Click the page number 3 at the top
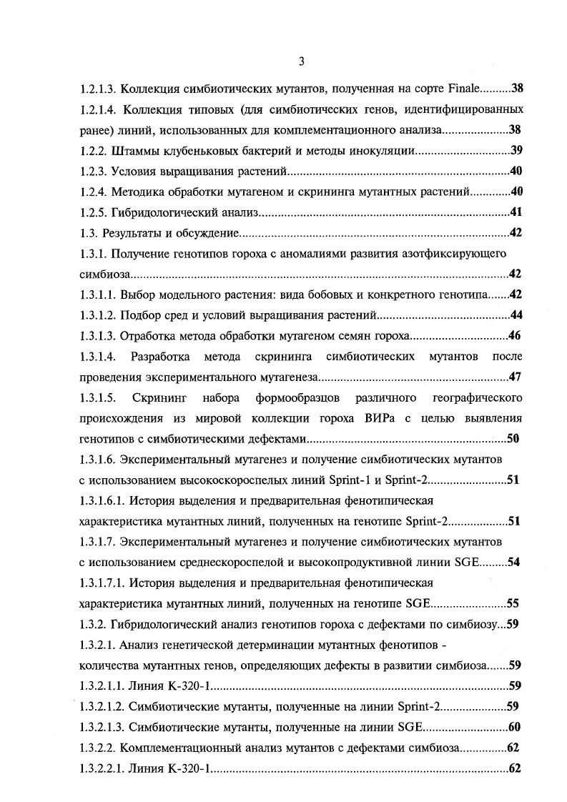[301, 61]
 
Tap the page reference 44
[516, 315]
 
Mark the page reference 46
[515, 336]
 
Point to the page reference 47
[515, 377]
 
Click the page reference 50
[513, 439]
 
